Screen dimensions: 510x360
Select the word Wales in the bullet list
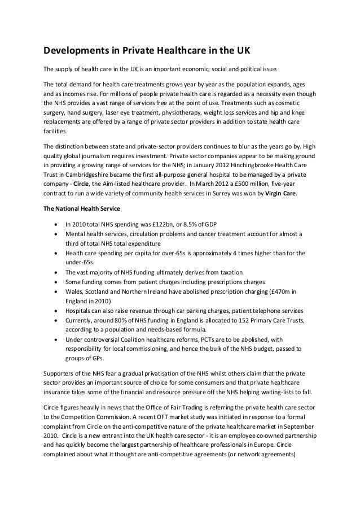(74, 291)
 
